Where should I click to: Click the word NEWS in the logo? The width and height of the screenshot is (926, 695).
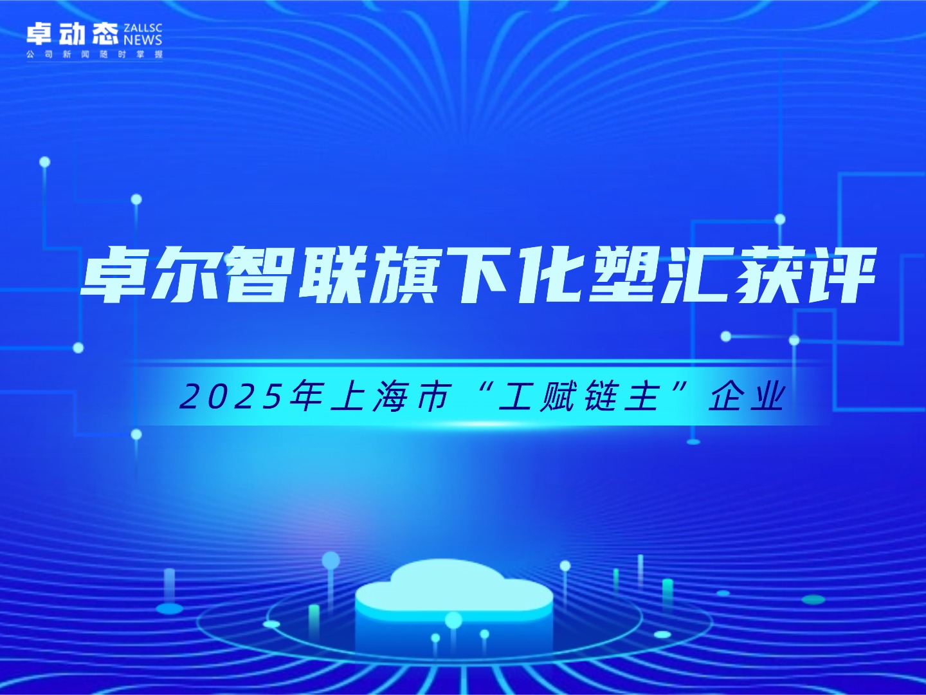pyautogui.click(x=143, y=40)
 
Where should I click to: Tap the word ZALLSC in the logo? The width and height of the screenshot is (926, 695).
pyautogui.click(x=143, y=28)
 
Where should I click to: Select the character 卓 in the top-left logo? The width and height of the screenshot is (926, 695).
pyautogui.click(x=40, y=33)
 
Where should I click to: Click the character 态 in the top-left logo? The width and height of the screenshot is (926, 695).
pyautogui.click(x=105, y=33)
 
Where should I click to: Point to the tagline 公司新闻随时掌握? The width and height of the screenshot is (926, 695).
pyautogui.click(x=95, y=55)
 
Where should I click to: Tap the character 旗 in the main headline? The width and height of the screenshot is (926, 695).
pyautogui.click(x=404, y=275)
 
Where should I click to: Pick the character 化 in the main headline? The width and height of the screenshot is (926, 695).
pyautogui.click(x=548, y=275)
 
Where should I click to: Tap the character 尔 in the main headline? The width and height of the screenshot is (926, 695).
pyautogui.click(x=186, y=275)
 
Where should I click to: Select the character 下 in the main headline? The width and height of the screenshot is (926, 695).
pyautogui.click(x=477, y=275)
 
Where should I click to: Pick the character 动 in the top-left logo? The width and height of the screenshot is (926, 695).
pyautogui.click(x=73, y=33)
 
